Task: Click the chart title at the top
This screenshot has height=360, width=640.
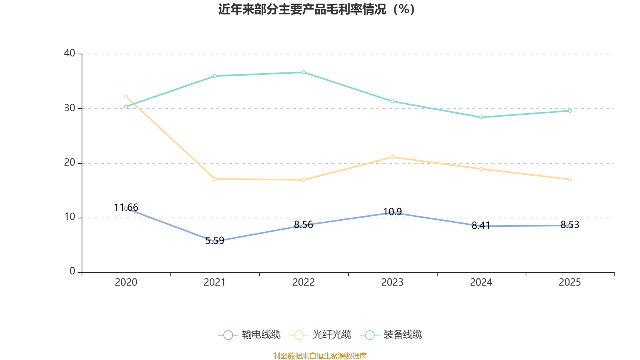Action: point(316,9)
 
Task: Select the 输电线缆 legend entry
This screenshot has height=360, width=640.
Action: point(250,335)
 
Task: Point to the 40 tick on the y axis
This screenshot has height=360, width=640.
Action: point(70,53)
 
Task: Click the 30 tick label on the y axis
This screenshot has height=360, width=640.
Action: point(70,108)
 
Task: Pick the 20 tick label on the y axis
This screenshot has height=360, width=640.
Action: point(70,163)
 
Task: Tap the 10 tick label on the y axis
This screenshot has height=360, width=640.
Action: point(70,217)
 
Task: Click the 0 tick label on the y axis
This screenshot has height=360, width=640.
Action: point(72,272)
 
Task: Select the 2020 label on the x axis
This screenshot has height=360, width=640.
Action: point(126,282)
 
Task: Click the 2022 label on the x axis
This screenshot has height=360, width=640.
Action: point(304,282)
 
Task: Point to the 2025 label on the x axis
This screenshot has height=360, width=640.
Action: point(570,282)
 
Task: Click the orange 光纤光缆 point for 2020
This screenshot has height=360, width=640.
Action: point(126,96)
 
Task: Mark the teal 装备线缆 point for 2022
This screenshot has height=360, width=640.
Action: point(304,72)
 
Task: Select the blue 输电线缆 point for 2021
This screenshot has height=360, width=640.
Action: point(215,242)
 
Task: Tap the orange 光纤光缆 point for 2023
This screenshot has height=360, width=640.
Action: point(392,157)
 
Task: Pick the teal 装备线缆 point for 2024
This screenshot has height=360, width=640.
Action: point(481,117)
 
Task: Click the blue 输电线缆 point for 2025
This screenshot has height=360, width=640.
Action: point(570,226)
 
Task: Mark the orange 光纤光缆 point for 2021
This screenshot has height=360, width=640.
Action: point(215,179)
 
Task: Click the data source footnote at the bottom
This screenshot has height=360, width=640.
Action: point(320,356)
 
